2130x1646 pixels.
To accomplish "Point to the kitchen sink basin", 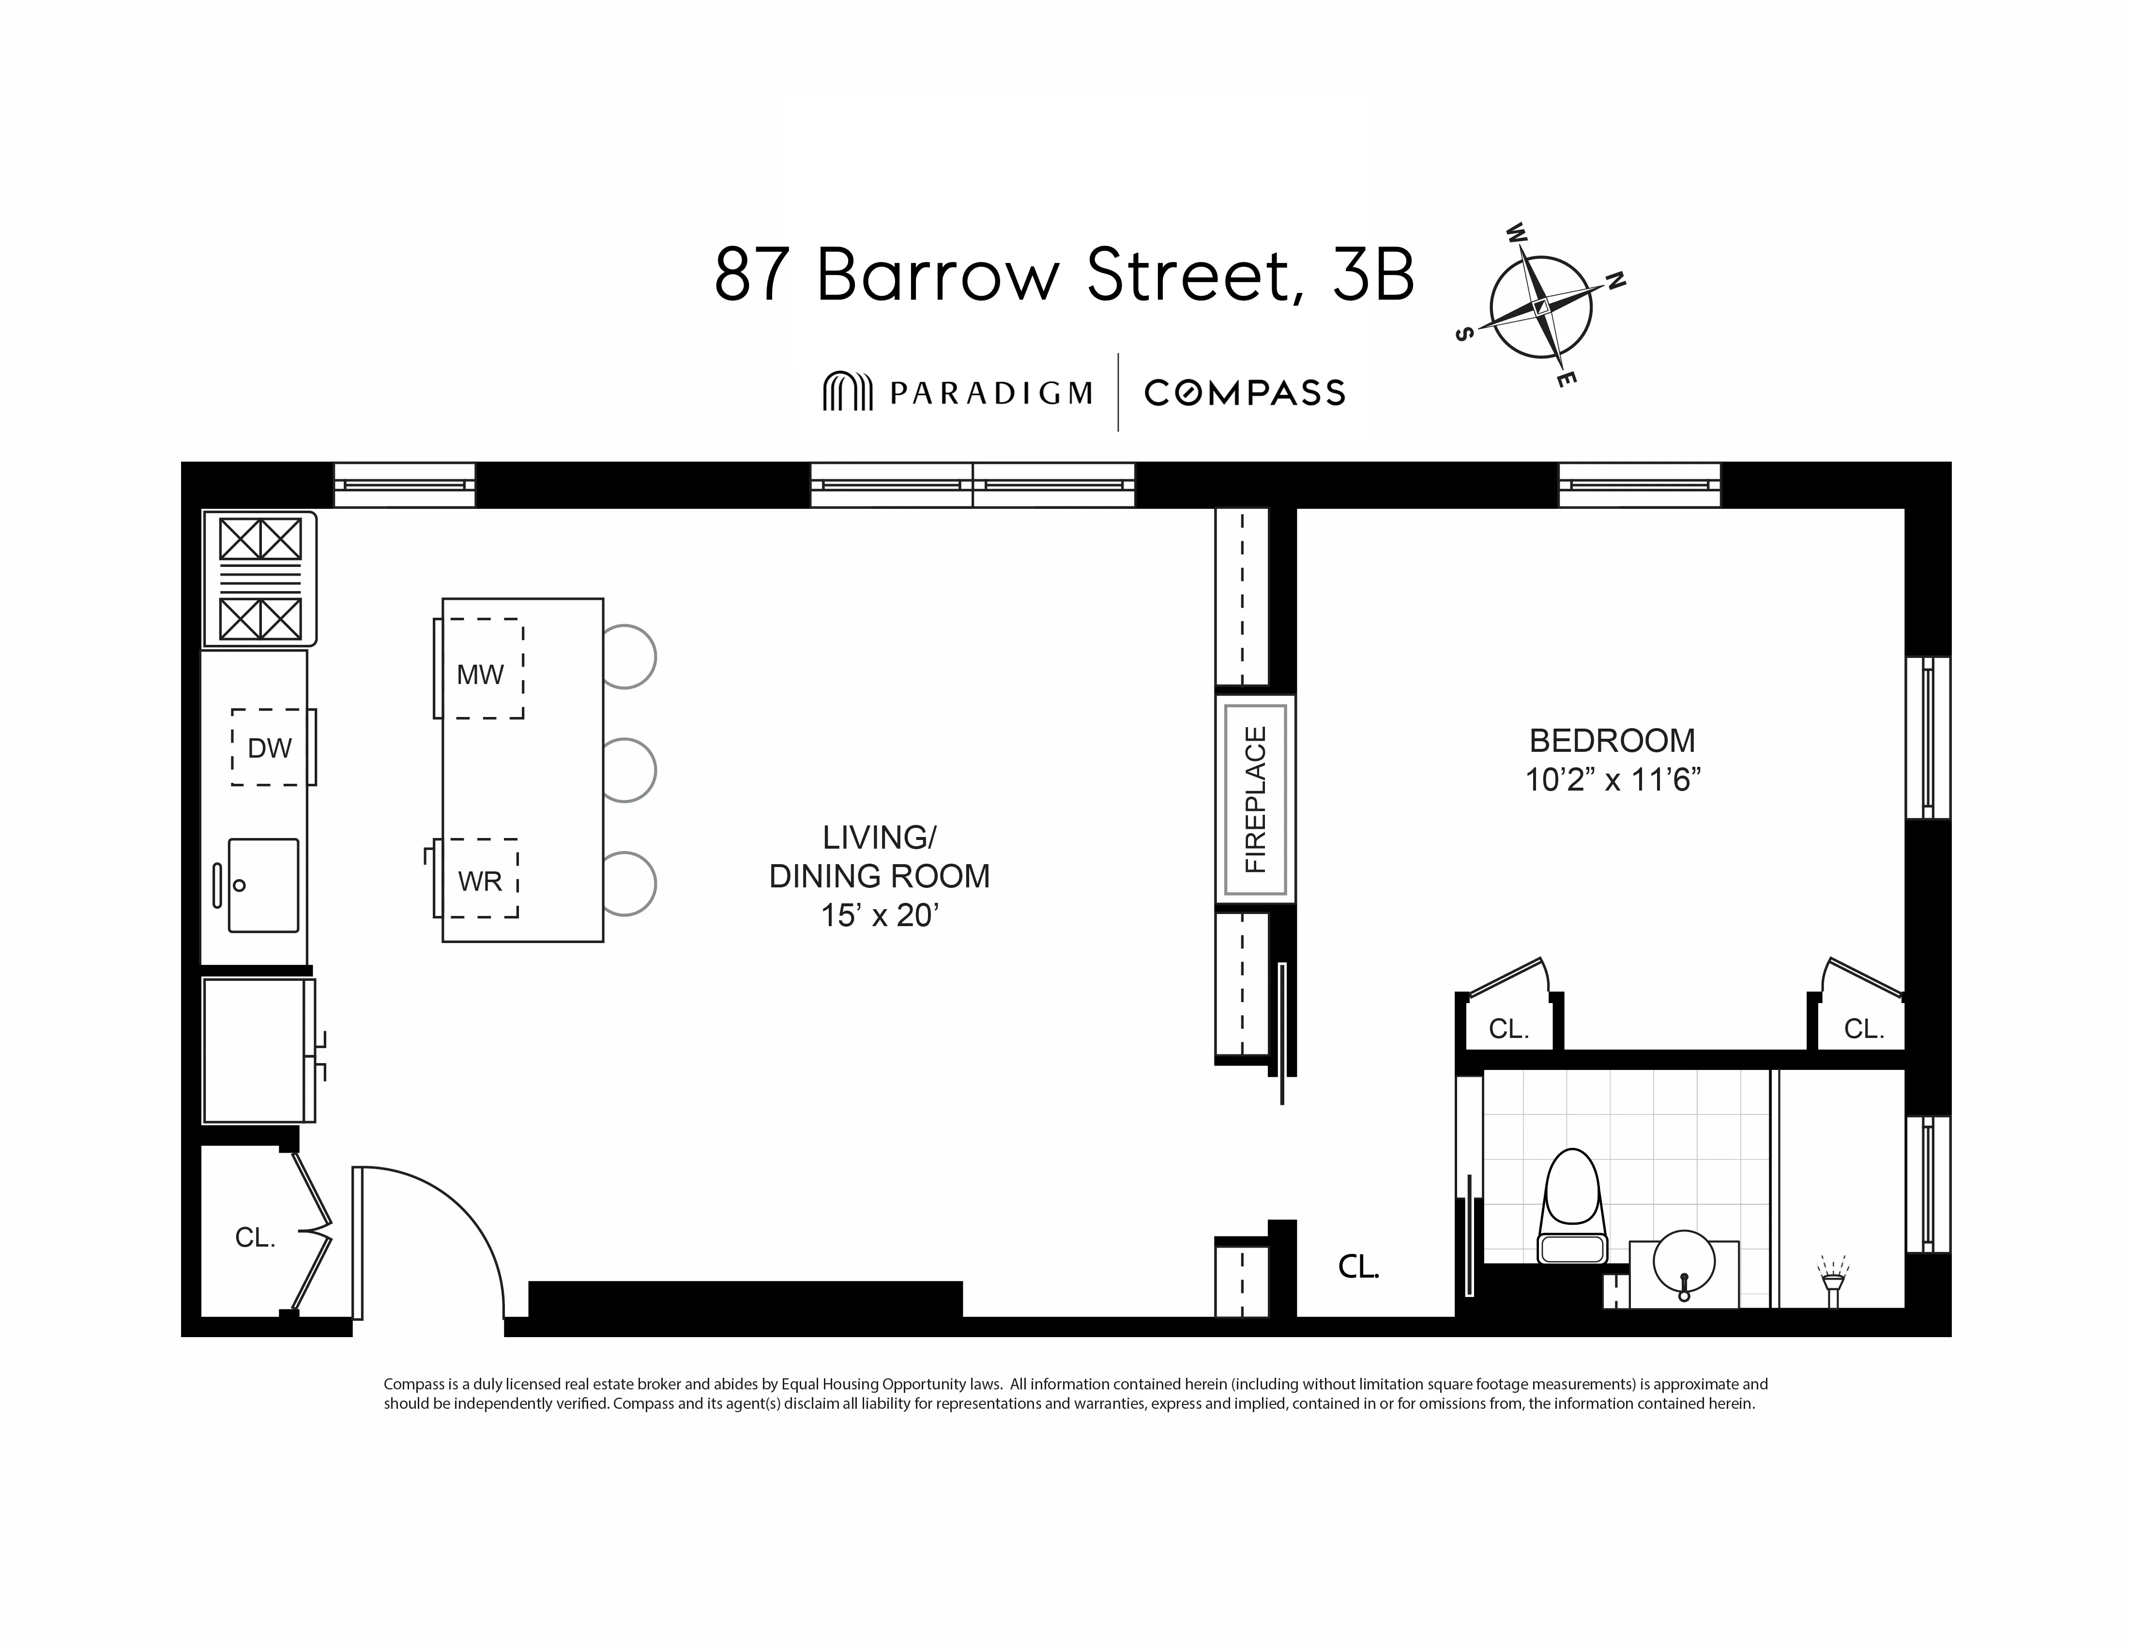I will coord(263,884).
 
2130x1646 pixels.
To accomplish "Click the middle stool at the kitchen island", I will coord(628,770).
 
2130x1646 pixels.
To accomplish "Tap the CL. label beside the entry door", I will coord(256,1237).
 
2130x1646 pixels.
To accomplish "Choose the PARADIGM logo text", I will coord(990,393).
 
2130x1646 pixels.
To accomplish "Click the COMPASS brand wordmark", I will coord(1245,393).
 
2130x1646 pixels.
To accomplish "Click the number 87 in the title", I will coord(752,276).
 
